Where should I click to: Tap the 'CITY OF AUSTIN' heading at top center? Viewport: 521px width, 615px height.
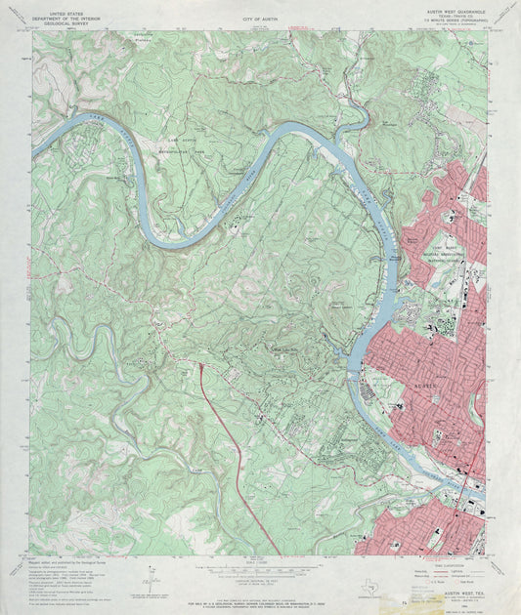click(258, 19)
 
